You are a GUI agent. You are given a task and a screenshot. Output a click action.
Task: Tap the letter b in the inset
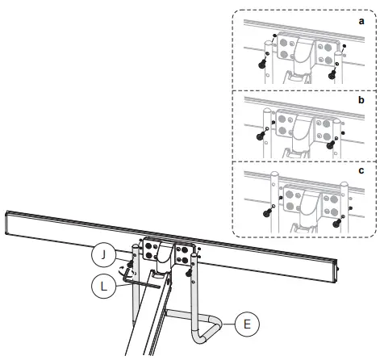tap(362, 103)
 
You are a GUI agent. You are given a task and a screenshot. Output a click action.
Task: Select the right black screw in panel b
tap(328, 146)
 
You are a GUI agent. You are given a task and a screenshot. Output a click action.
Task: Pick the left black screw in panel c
tap(265, 212)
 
